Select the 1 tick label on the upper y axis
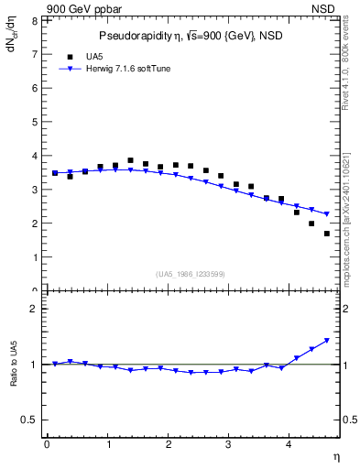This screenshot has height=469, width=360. (x=33, y=257)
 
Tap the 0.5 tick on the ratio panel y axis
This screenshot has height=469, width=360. (x=29, y=420)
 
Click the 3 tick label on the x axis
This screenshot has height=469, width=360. (x=229, y=444)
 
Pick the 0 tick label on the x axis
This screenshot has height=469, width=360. (x=47, y=444)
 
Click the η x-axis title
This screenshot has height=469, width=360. (x=335, y=455)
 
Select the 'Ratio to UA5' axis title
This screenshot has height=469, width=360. (x=12, y=377)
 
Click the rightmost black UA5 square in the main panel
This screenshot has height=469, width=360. (x=327, y=234)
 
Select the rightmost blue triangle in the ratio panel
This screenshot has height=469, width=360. (x=327, y=341)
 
